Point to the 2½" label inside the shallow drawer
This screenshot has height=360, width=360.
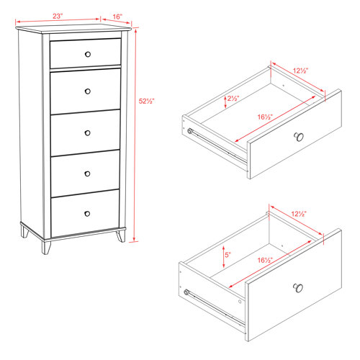coord(233,99)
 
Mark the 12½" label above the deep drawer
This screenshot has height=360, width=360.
coord(300,214)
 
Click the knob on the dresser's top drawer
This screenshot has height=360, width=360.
coord(87,54)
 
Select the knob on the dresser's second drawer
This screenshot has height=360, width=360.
coord(87,90)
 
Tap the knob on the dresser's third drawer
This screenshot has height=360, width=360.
coord(87,132)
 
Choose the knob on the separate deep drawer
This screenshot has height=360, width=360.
coord(297,289)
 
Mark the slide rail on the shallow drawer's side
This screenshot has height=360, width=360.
coord(216,142)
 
